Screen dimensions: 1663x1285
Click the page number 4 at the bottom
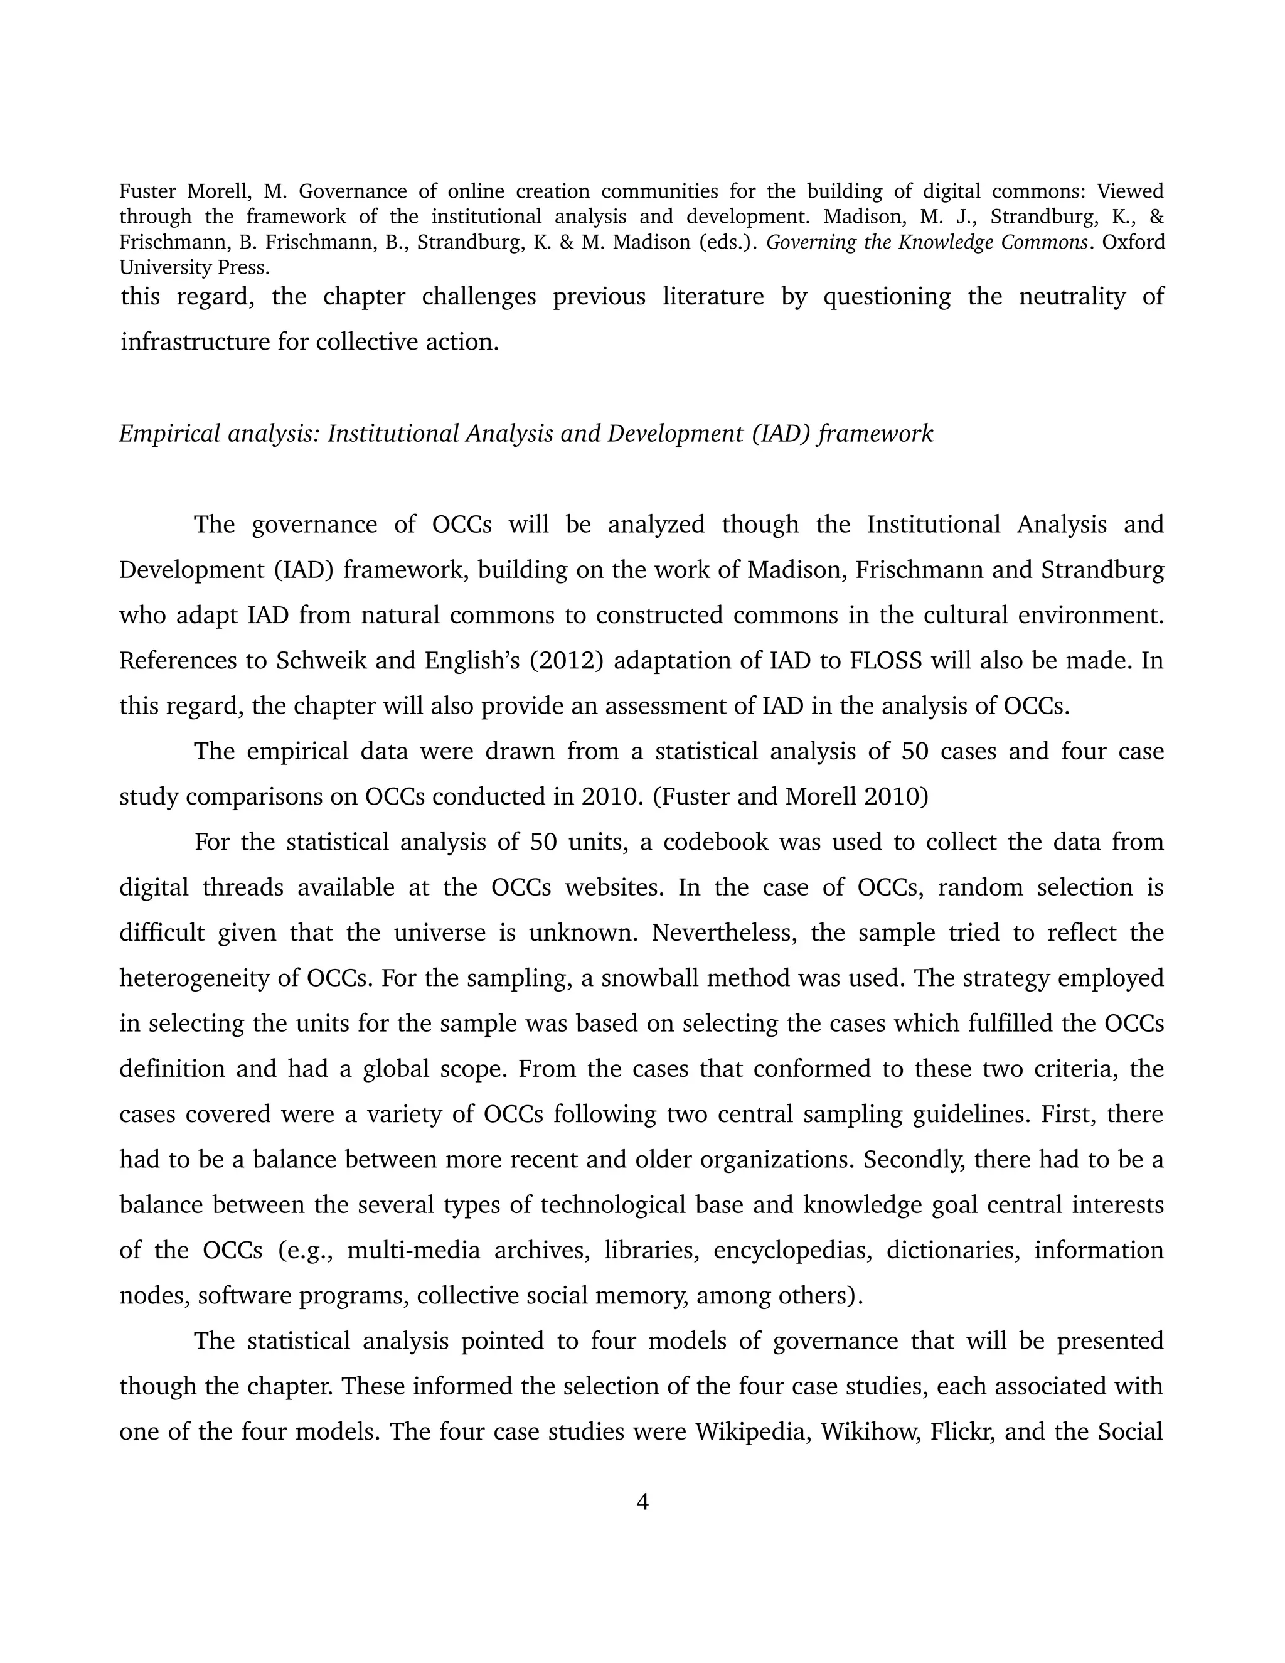tap(642, 1502)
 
